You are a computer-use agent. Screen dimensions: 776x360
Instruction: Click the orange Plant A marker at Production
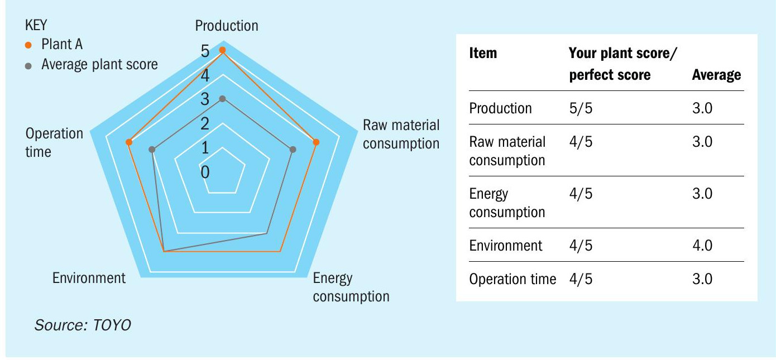click(x=223, y=50)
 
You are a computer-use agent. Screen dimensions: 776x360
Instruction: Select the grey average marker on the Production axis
click(x=223, y=99)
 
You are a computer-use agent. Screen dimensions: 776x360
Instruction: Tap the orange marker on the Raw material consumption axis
click(x=316, y=142)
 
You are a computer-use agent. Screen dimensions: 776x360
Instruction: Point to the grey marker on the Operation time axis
click(x=152, y=150)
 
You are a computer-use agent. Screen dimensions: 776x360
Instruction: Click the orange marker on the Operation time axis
click(x=129, y=142)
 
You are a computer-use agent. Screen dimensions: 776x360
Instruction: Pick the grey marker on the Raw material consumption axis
click(x=293, y=150)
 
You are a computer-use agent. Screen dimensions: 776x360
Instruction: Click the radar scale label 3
click(x=205, y=99)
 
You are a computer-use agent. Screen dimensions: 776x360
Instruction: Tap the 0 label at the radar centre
click(x=205, y=172)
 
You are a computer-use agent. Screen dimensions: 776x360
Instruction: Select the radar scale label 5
click(x=205, y=51)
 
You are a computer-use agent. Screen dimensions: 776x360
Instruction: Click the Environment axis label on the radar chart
click(x=89, y=278)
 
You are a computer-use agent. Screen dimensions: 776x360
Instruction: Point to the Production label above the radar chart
click(x=227, y=26)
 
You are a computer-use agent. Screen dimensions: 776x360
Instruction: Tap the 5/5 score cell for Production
click(x=581, y=108)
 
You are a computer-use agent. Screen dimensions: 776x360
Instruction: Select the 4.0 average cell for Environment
click(x=702, y=246)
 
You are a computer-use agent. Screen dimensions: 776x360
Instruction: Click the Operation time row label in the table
click(x=512, y=279)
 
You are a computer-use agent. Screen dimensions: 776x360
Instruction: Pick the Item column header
click(x=483, y=53)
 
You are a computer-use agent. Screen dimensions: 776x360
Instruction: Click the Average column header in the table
click(x=716, y=75)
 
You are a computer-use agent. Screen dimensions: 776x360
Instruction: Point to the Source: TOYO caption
click(x=83, y=325)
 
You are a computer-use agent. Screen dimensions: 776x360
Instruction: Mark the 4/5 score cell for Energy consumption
click(x=581, y=194)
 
